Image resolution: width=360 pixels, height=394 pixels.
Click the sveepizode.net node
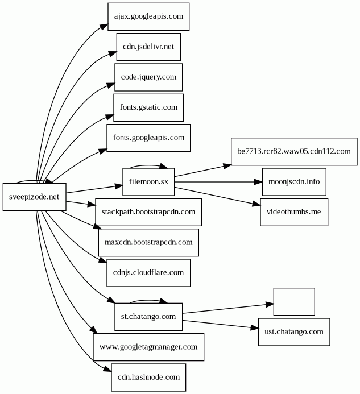point(34,197)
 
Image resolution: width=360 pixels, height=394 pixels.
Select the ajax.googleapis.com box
point(148,16)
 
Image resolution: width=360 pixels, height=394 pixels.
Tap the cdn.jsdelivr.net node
point(148,47)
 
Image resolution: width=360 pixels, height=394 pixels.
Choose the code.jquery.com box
point(148,77)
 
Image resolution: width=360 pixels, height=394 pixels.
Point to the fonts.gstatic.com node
point(148,107)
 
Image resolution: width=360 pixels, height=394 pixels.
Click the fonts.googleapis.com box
point(148,138)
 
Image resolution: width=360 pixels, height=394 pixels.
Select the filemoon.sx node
point(148,181)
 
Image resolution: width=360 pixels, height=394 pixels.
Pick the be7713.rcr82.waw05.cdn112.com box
point(293,151)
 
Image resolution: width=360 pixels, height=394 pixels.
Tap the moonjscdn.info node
point(294,182)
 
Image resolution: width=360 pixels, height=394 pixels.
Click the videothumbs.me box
point(294,212)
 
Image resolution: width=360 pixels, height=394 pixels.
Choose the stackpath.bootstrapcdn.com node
point(148,212)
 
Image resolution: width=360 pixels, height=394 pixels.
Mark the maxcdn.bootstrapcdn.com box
point(148,242)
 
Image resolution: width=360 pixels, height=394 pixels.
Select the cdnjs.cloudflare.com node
point(148,272)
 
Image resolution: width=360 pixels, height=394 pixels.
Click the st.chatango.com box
point(148,316)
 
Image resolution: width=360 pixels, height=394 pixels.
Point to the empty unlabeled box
point(294,301)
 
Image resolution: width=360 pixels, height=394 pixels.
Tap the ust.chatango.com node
point(294,331)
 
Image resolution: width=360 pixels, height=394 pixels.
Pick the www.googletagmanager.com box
point(148,346)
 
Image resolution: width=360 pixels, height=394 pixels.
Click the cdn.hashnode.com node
point(148,377)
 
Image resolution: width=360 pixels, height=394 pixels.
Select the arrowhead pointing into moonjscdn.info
point(258,182)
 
